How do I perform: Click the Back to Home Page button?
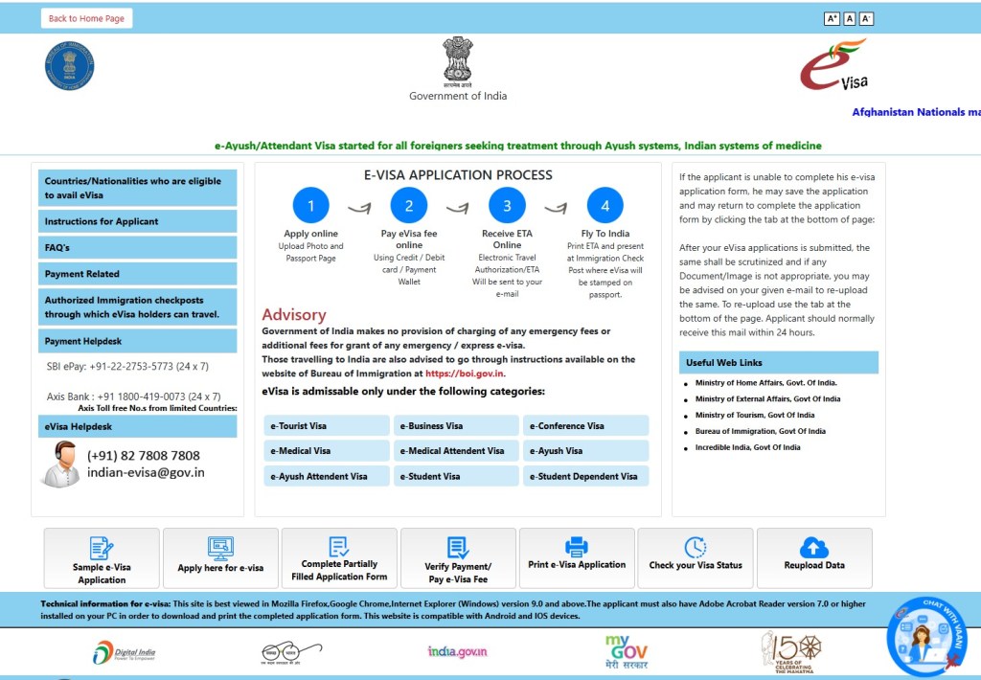tap(86, 18)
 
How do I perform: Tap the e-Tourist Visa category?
tap(327, 425)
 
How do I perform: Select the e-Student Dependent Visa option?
tap(585, 476)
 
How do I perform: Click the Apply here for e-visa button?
tap(220, 557)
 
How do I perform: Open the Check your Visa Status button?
tap(696, 557)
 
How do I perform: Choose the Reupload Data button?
tap(814, 557)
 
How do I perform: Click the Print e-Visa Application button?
tap(577, 557)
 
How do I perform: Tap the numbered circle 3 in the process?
tap(507, 205)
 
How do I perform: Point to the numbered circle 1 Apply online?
tap(310, 205)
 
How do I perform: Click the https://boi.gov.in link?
tap(465, 374)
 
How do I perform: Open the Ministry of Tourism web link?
tap(755, 415)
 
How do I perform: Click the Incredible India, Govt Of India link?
tap(747, 447)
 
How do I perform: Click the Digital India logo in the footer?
tap(125, 653)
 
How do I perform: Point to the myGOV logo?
tap(626, 652)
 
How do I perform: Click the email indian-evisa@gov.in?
tap(146, 472)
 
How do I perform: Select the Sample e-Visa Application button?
tap(102, 557)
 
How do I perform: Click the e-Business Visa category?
tap(456, 425)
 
